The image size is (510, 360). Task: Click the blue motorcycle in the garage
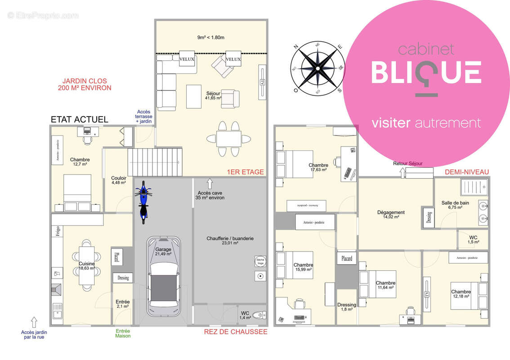(x=143, y=202)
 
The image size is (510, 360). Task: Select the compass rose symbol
(x=317, y=68)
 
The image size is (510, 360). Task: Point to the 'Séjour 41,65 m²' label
(x=213, y=95)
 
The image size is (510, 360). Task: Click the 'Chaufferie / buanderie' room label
(x=230, y=240)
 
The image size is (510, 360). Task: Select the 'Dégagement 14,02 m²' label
(x=391, y=214)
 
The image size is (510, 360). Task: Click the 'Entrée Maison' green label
(x=123, y=333)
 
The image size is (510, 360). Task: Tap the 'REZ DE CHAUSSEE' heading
(x=235, y=332)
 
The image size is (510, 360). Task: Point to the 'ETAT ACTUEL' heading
(x=79, y=119)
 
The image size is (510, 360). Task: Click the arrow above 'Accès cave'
(x=209, y=183)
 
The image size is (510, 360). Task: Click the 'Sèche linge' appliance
(x=260, y=262)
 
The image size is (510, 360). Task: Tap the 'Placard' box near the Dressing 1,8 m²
(x=346, y=259)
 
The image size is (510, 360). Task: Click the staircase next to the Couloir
(x=155, y=162)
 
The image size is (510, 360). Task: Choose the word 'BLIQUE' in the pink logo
(x=426, y=71)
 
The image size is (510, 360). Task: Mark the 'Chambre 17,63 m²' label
(x=318, y=167)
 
